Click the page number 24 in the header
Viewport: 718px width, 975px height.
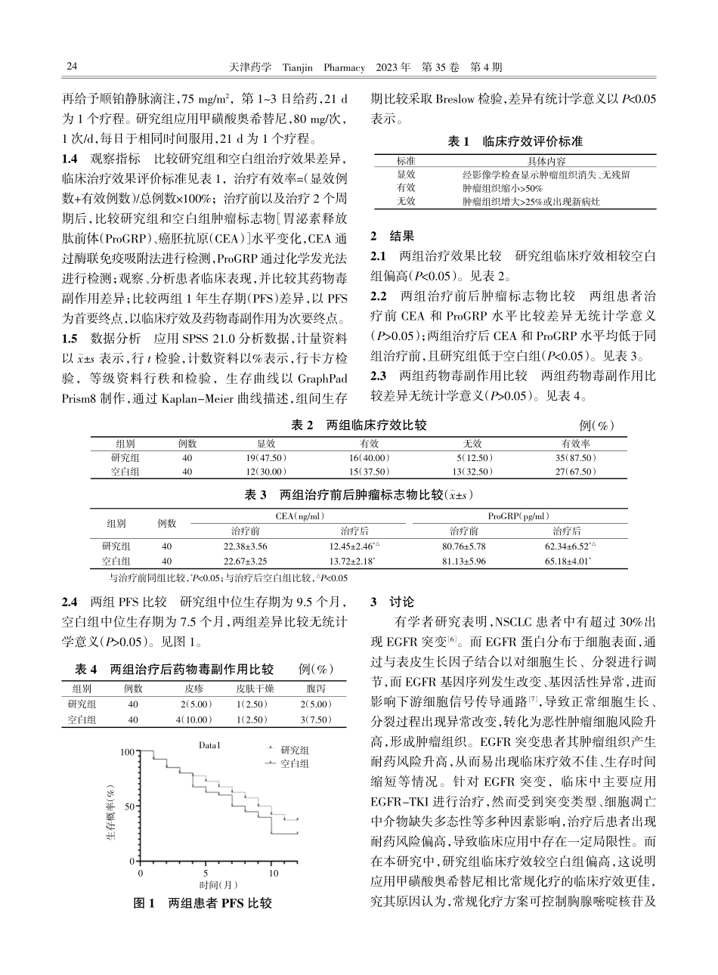pos(73,67)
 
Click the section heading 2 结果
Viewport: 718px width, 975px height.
pos(392,235)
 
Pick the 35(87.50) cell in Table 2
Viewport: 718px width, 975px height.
pos(575,458)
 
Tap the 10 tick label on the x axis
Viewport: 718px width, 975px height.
pos(274,873)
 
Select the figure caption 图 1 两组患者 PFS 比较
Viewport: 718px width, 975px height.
pos(202,903)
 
